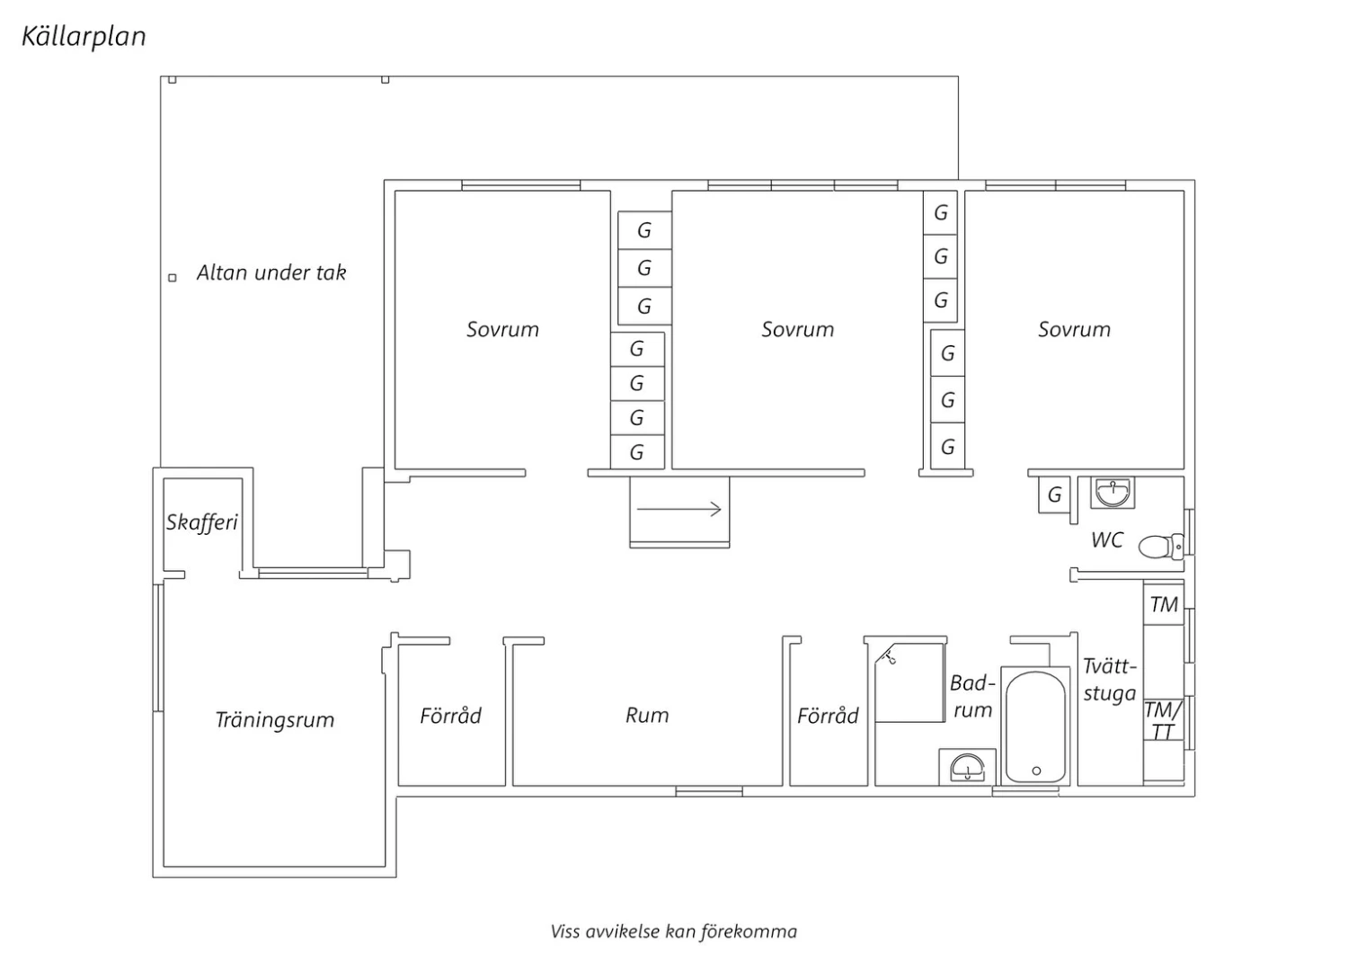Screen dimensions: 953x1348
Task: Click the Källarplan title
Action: (x=84, y=37)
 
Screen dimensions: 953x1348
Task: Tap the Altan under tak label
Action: (x=271, y=273)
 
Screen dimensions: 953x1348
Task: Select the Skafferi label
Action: (x=201, y=522)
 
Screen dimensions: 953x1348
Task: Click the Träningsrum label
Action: (x=275, y=720)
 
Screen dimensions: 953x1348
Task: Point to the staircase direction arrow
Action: (x=679, y=510)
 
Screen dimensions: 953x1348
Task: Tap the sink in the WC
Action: (x=1113, y=493)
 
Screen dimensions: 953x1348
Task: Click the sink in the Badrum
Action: (x=967, y=768)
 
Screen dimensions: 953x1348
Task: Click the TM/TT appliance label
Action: (x=1163, y=720)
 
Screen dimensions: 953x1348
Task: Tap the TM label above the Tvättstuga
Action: (x=1164, y=605)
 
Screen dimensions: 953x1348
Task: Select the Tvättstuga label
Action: (x=1110, y=680)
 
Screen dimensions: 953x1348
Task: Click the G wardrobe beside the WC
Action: (x=1054, y=494)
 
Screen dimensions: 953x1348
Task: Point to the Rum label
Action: (x=647, y=716)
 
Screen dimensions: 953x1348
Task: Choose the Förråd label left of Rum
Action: (x=450, y=716)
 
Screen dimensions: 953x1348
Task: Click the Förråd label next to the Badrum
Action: (x=828, y=716)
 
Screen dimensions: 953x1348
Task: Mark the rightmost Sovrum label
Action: (x=1074, y=330)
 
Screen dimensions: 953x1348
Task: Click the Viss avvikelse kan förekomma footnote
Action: (x=673, y=931)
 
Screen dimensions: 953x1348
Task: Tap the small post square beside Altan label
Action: (x=173, y=278)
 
